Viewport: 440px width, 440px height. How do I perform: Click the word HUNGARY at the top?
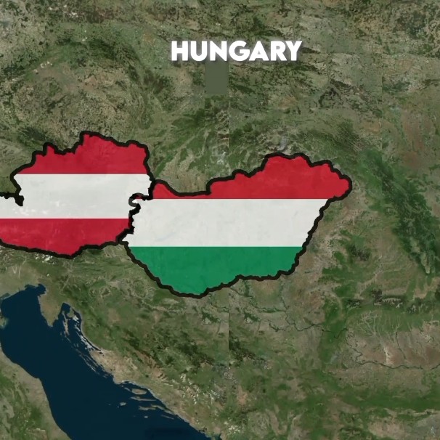(236, 51)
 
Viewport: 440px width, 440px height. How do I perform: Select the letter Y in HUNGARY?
(293, 51)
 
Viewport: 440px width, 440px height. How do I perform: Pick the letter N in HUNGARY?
(216, 51)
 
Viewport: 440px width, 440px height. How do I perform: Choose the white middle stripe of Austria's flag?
(73, 196)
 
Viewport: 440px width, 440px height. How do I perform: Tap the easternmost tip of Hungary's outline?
(351, 185)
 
